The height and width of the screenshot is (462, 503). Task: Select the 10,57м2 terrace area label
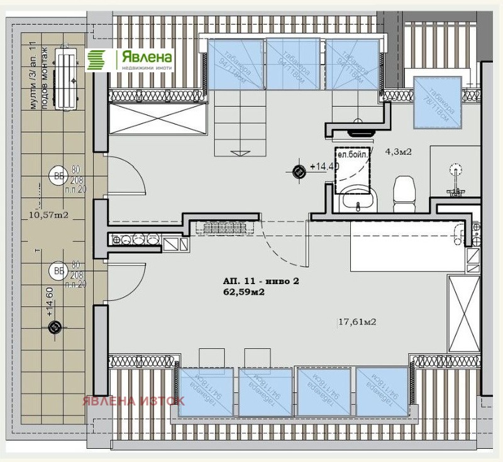coord(49,215)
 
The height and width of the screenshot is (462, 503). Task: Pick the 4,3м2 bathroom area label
coord(398,151)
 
